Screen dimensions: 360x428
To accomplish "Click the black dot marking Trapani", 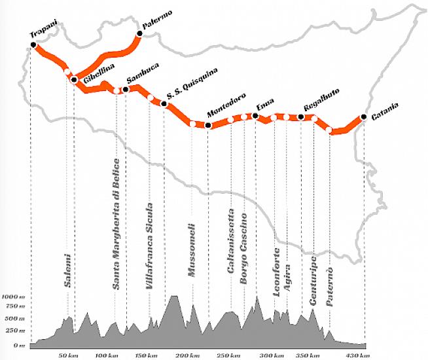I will click(33, 45).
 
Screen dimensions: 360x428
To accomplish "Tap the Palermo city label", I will click(158, 26).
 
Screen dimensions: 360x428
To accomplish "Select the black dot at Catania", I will click(363, 118).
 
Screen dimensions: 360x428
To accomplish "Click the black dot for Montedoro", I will click(208, 125).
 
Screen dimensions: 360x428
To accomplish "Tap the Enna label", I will click(265, 105).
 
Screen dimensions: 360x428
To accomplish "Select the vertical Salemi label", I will click(67, 269).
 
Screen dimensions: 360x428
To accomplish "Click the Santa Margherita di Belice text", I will click(116, 223).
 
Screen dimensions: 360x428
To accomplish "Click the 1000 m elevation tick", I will click(13, 297).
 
